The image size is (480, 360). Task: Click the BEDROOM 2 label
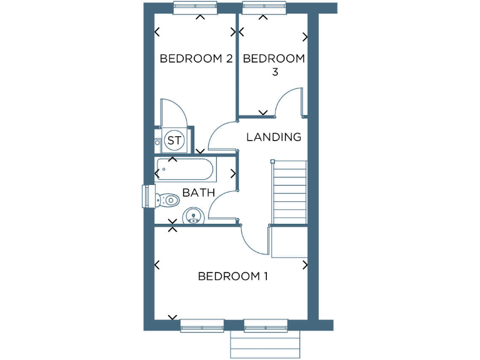[x=196, y=59]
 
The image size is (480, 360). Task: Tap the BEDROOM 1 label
[x=232, y=276]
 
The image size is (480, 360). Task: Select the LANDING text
[x=274, y=137]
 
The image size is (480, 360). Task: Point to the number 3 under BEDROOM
[x=274, y=72]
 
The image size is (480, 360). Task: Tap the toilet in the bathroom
[x=166, y=199]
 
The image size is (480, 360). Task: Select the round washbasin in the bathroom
[x=194, y=217]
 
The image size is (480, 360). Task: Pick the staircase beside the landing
[x=290, y=192]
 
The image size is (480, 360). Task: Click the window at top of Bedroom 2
[x=196, y=8]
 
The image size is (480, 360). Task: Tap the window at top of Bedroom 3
[x=262, y=8]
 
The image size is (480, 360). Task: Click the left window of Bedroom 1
[x=202, y=325]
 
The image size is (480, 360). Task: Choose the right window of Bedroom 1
[x=266, y=325]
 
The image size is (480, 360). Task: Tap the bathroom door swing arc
[x=222, y=201]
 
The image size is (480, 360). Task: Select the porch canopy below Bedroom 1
[x=266, y=344]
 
